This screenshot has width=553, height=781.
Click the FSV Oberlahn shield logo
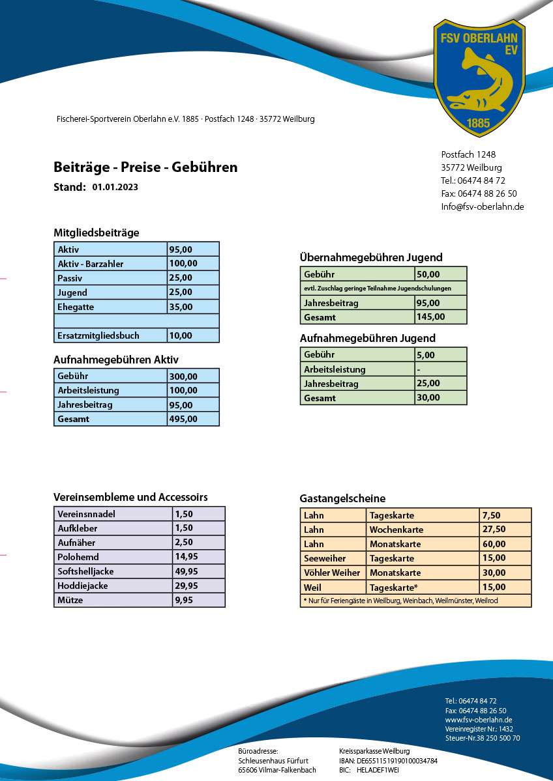pos(479,77)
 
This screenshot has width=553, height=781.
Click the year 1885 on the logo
pos(479,122)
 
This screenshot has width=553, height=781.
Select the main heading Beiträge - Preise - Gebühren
pos(145,167)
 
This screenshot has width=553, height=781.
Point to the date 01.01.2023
pos(115,188)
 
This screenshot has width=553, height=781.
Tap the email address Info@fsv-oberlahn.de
pos(483,206)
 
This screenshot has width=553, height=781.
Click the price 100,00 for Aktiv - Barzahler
pos(183,264)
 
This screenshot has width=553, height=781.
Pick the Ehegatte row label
pos(76,307)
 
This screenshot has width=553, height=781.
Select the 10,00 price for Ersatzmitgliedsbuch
pos(181,335)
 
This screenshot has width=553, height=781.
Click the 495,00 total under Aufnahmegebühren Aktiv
pos(183,419)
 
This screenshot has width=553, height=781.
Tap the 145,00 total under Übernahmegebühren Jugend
pos(431,317)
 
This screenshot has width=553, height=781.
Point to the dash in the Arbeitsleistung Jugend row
pos(419,369)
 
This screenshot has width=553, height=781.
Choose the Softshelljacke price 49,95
pos(187,571)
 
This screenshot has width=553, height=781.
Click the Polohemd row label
pos(78,557)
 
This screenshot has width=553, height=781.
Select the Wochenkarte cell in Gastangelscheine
pos(396,530)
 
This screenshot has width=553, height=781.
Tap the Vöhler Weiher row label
pos(332,573)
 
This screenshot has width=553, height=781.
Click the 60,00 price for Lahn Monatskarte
pos(493,544)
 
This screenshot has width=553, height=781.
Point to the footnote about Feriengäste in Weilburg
pos(400,601)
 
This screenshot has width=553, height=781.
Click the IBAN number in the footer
pos(396,761)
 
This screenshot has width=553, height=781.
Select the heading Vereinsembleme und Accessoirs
pos(130,497)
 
